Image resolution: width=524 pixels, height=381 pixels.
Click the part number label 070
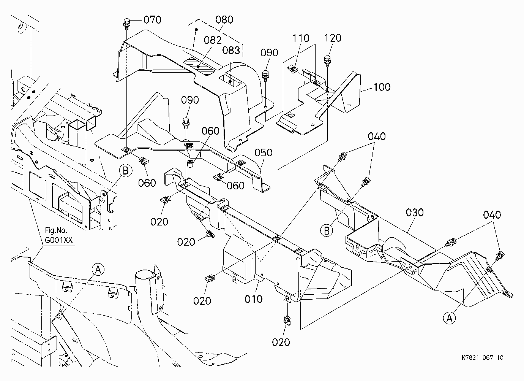click(x=152, y=20)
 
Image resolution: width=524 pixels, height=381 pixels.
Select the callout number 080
click(x=224, y=20)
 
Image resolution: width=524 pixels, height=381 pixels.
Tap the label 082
click(x=213, y=40)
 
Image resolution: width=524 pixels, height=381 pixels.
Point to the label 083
click(x=231, y=50)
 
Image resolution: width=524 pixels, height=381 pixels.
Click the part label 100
click(x=382, y=87)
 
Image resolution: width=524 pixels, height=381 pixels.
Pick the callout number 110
click(x=301, y=38)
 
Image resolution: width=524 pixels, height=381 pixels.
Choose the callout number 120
click(x=333, y=38)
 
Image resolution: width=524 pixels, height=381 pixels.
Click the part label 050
click(x=264, y=152)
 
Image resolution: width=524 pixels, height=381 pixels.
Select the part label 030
click(x=415, y=213)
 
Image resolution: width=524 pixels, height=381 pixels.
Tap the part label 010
click(x=254, y=299)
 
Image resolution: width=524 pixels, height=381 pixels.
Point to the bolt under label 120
click(x=327, y=61)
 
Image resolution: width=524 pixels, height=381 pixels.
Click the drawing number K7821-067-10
click(x=482, y=357)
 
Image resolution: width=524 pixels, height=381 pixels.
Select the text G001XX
click(x=59, y=240)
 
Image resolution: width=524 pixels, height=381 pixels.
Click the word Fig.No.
click(x=56, y=230)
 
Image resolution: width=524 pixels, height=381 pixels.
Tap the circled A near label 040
click(x=449, y=318)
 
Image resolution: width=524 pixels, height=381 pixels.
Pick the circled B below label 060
click(x=126, y=171)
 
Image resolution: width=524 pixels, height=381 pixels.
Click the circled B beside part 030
click(x=327, y=230)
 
